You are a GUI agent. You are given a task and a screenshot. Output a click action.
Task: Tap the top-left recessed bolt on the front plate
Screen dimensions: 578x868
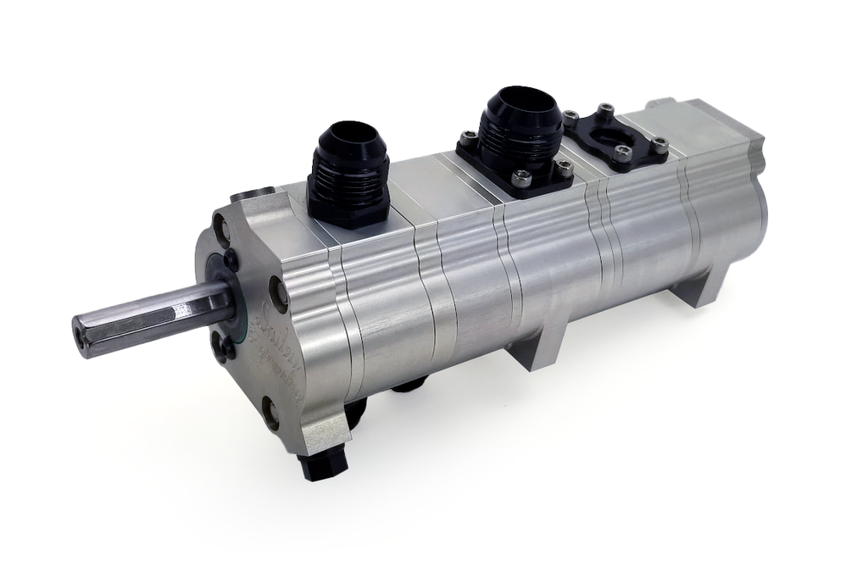[221, 227]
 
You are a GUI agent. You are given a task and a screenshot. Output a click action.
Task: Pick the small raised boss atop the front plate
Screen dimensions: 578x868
[252, 194]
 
